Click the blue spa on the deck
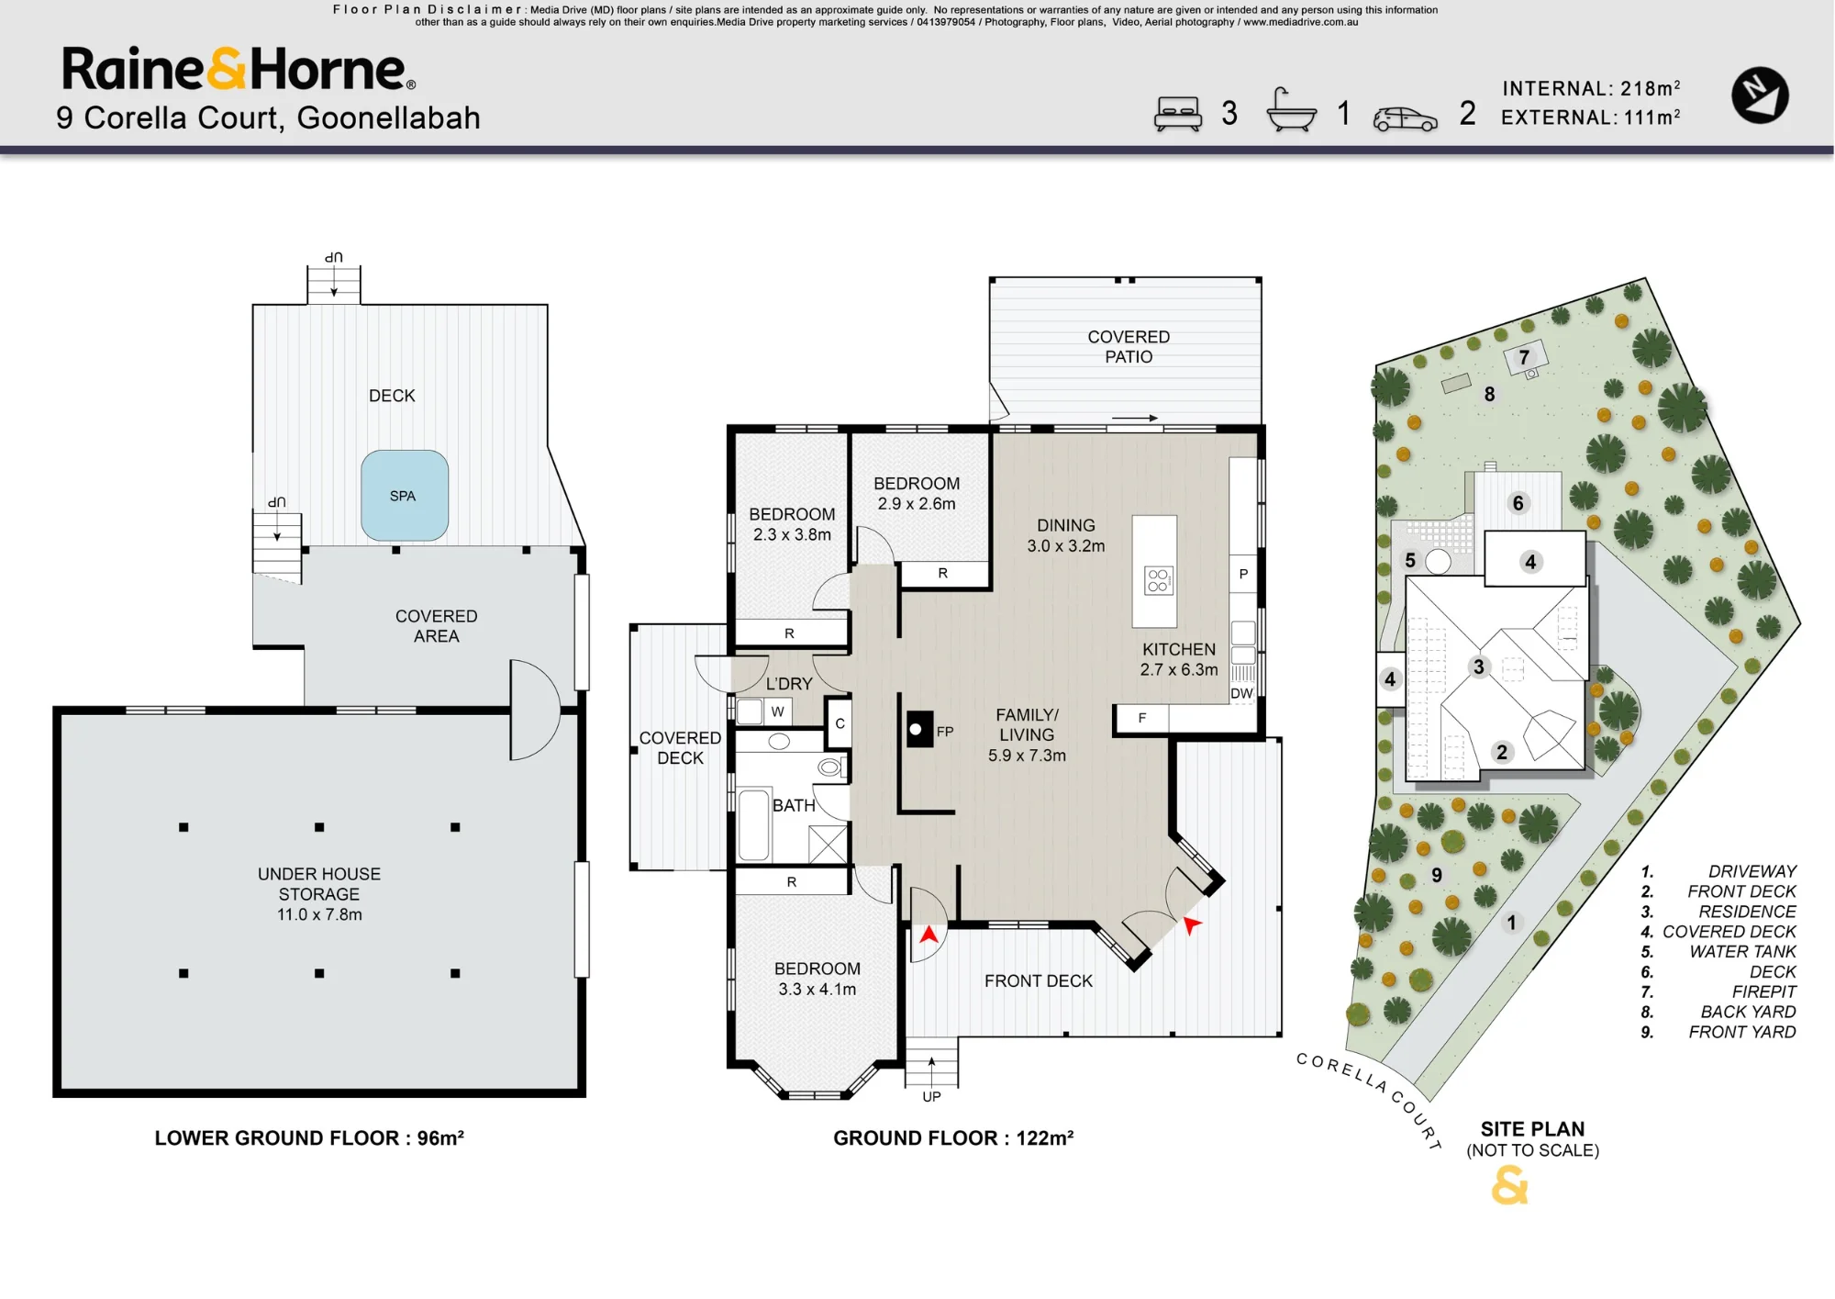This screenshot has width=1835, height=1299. pos(405,496)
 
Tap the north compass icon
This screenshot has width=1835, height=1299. pos(1760,95)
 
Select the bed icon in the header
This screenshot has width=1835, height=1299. pos(1178,114)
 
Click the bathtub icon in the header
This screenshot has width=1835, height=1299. pos(1291,110)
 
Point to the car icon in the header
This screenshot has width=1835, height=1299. pos(1405,119)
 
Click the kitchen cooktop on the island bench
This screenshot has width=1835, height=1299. pos(1158,580)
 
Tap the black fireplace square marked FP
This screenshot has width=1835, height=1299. pos(919,730)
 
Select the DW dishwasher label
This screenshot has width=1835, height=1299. pos(1241,693)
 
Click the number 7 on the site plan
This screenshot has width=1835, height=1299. pos(1524,357)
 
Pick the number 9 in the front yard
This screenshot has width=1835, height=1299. pos(1437,875)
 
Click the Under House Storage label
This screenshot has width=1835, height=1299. pos(319,894)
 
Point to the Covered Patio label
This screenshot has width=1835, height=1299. pos(1129,347)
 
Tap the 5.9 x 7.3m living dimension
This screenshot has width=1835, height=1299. pos(1027,756)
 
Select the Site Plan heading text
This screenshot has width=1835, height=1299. pos(1532,1129)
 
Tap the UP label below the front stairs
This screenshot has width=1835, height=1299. pos(931,1097)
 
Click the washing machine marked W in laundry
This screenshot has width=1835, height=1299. pos(763,711)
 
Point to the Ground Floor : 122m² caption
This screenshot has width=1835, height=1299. pos(953,1138)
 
